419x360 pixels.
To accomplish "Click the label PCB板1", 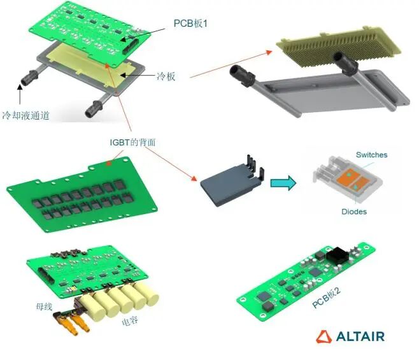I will click(191, 24).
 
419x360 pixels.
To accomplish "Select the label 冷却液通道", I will click(25, 115).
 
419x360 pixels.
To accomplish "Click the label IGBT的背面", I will click(132, 143).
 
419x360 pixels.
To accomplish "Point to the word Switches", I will click(371, 155).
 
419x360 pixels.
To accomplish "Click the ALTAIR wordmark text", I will click(360, 336).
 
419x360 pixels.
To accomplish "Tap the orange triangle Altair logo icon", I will click(325, 336).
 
